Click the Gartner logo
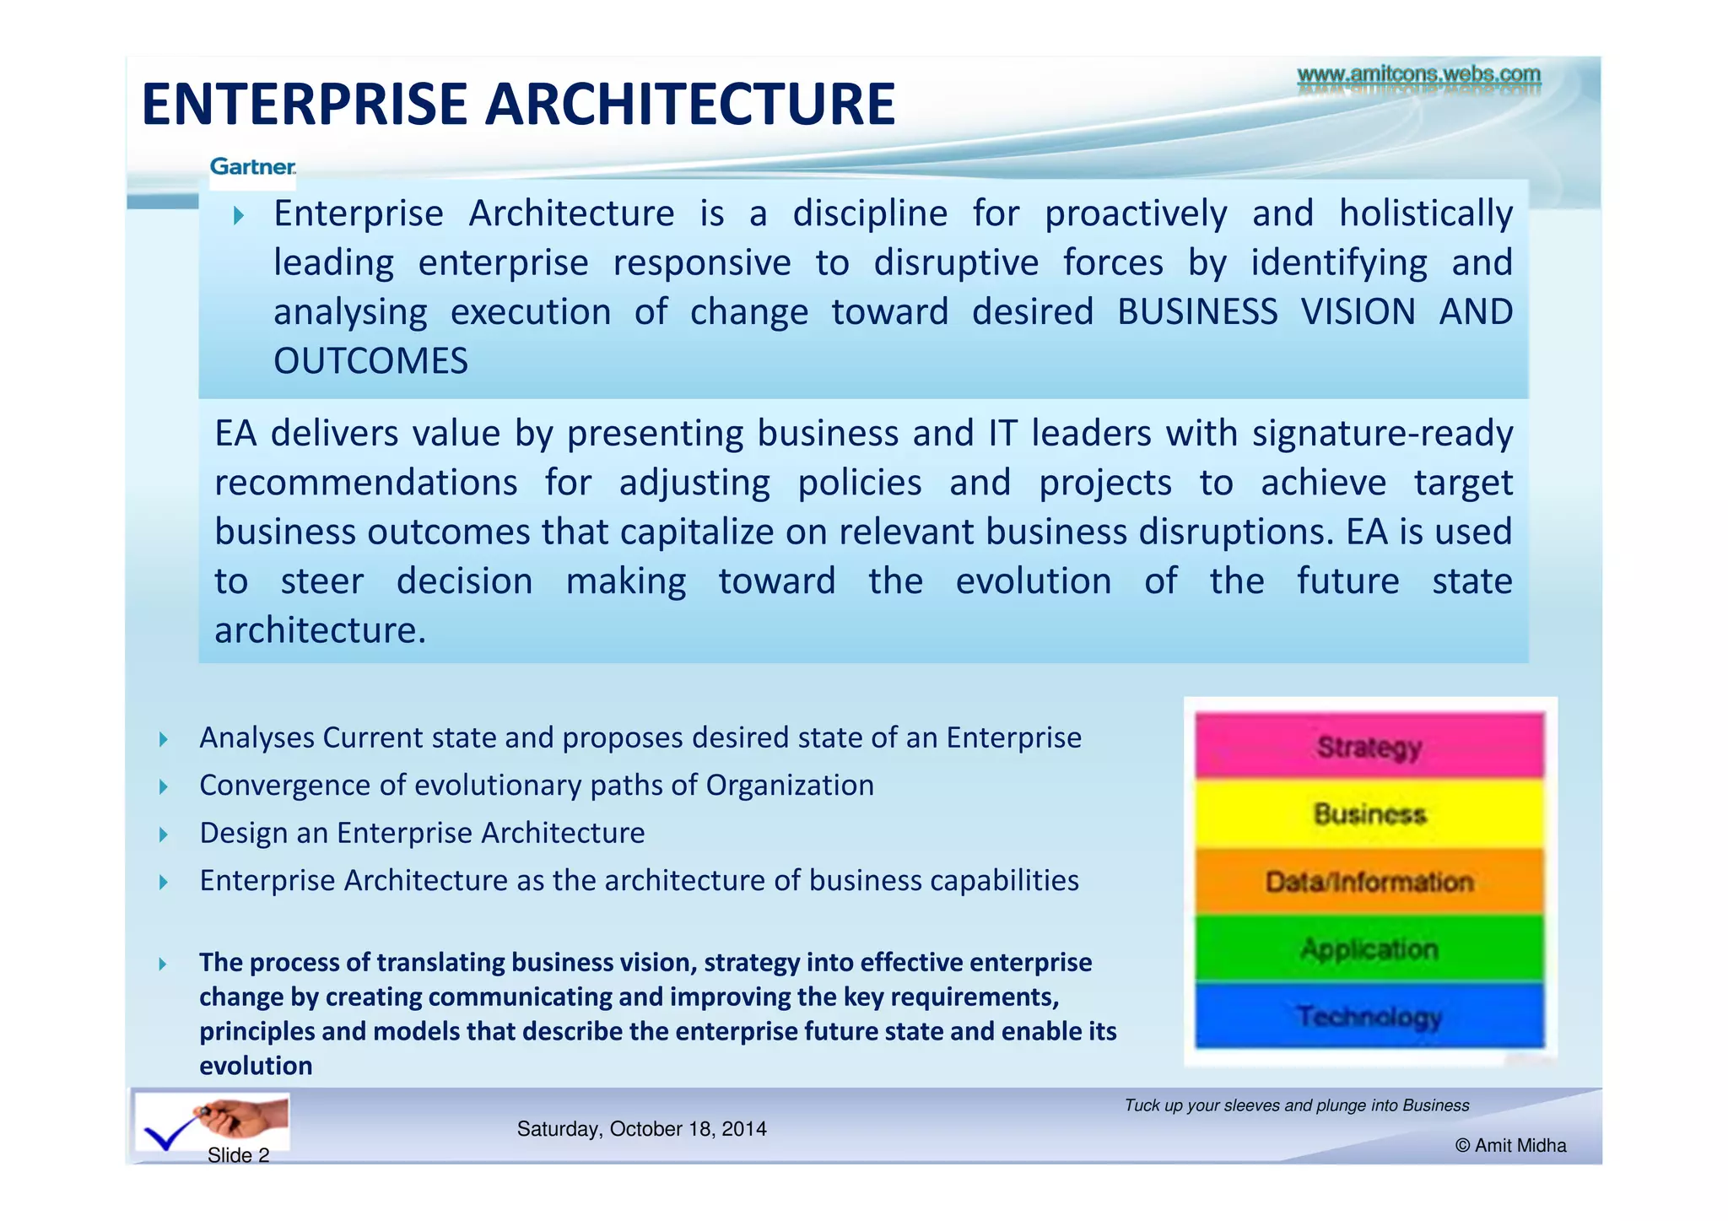[252, 167]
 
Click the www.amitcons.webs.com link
[1418, 75]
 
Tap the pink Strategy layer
[1369, 747]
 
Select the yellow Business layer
[1369, 814]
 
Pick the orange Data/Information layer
[1369, 882]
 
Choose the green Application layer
[1369, 949]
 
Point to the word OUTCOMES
[370, 361]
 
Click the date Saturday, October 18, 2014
[641, 1129]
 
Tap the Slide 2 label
[238, 1155]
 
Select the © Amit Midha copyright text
[1510, 1146]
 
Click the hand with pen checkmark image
[213, 1122]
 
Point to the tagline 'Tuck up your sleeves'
[1296, 1105]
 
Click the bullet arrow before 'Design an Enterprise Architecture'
[164, 835]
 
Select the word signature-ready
[1381, 434]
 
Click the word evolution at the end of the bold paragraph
[256, 1066]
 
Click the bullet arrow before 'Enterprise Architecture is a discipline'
[239, 215]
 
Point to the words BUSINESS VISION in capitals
[1266, 312]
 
